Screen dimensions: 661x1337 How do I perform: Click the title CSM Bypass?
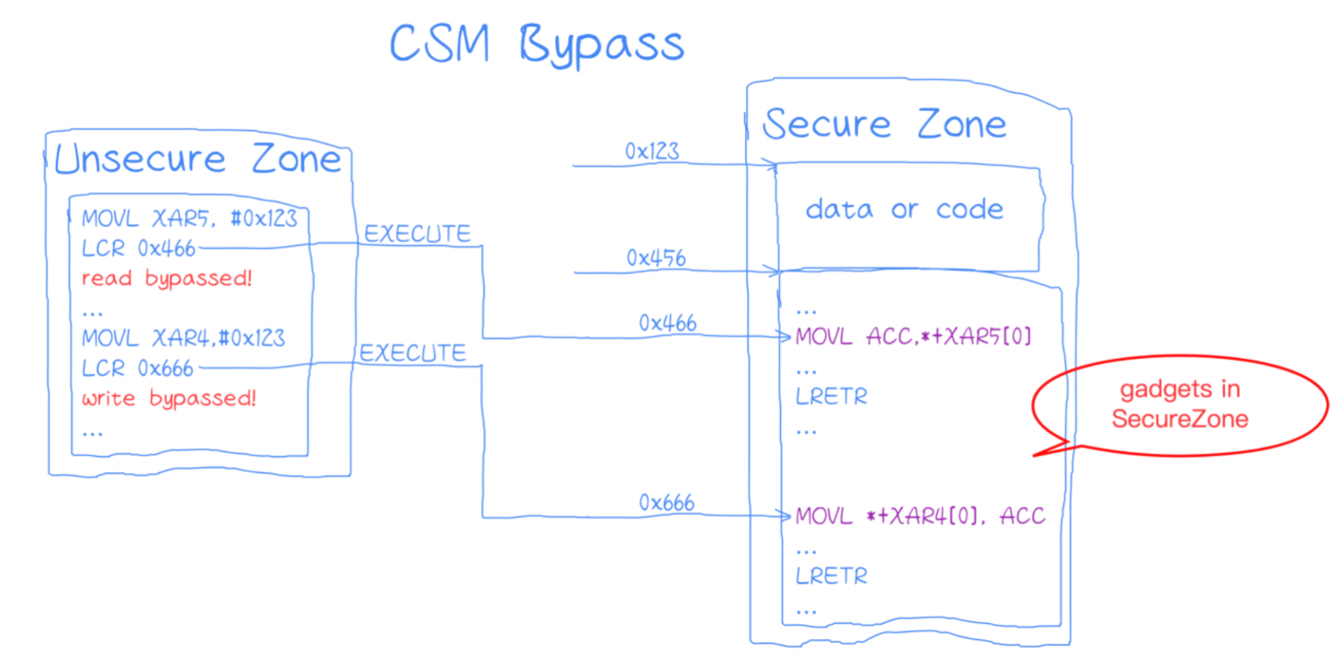(x=537, y=44)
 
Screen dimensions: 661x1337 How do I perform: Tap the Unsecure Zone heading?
(x=198, y=159)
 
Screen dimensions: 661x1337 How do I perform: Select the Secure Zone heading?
(x=885, y=125)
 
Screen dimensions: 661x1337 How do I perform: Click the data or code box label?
(x=904, y=209)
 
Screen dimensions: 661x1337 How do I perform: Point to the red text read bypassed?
(x=166, y=279)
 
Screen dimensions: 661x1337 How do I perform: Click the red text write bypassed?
(x=169, y=398)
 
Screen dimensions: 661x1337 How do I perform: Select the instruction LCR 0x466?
(x=138, y=249)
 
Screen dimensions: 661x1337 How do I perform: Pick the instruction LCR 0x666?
(x=138, y=369)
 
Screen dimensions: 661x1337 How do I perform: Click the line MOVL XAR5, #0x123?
(x=189, y=219)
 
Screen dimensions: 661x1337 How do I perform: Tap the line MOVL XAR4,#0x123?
(x=183, y=338)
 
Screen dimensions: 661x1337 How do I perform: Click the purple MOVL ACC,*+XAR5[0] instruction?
(x=913, y=337)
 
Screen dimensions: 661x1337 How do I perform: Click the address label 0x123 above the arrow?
(x=652, y=151)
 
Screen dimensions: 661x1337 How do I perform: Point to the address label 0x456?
(x=656, y=258)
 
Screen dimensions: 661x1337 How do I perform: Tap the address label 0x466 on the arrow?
(x=667, y=323)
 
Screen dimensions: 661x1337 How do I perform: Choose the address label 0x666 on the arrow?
(x=667, y=503)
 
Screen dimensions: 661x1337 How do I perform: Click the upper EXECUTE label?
(x=417, y=234)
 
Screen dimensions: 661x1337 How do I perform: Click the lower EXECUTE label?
(x=413, y=353)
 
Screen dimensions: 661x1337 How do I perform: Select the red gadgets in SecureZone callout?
(x=1180, y=405)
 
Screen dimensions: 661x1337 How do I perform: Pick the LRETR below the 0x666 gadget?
(x=831, y=576)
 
